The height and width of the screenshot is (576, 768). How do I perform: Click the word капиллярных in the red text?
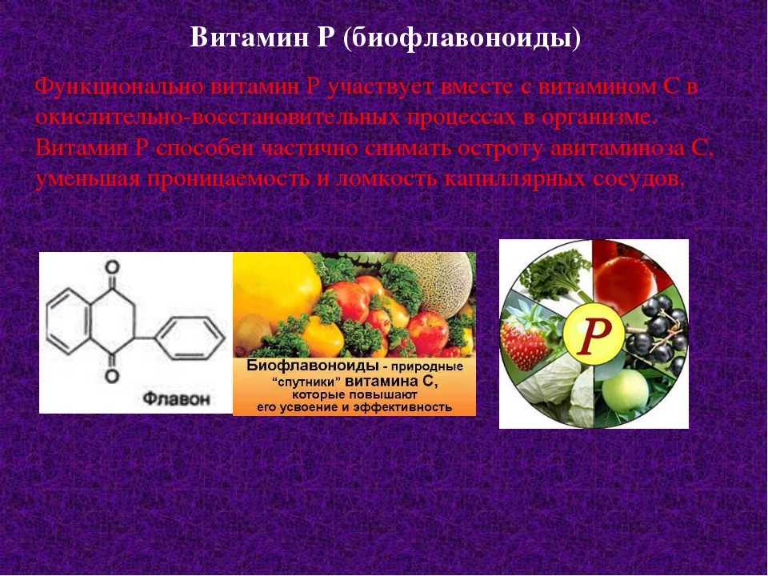pos(514,179)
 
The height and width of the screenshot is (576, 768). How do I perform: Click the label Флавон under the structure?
pos(176,398)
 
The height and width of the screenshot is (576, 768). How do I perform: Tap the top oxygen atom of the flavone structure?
pos(113,267)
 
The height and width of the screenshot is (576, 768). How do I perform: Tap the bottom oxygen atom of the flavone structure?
pos(113,376)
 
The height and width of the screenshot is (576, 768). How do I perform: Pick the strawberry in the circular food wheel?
pos(524,341)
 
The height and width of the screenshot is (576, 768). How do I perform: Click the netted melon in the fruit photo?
pos(437,282)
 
